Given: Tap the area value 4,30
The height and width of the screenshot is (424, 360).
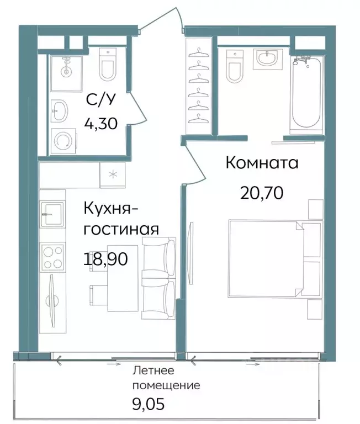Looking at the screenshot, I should pos(100,123).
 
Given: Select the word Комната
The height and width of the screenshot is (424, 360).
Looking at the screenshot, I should pos(262,163).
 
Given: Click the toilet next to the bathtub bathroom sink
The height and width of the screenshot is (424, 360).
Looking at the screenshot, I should pos(234,65).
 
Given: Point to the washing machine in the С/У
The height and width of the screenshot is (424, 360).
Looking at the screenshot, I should pos(63,141).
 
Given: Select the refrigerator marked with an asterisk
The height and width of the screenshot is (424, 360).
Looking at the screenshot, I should pos(113,176).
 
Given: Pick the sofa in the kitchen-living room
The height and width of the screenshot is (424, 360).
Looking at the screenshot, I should pos(159,274).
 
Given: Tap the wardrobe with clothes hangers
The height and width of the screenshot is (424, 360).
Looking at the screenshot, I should pos(198,86).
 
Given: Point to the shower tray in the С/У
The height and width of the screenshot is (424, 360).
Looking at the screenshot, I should pos(66,66).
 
